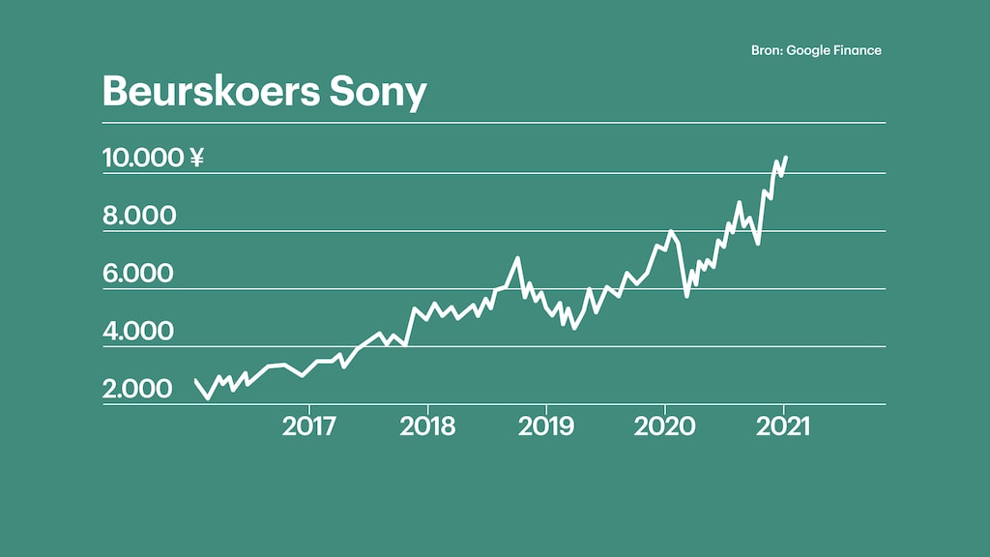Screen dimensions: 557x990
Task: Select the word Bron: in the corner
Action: (x=767, y=50)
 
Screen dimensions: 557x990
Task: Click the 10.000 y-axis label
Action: (x=142, y=157)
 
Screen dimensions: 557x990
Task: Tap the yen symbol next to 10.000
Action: (x=196, y=157)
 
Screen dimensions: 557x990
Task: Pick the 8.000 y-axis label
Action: (x=139, y=215)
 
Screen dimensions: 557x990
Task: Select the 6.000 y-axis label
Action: (x=139, y=273)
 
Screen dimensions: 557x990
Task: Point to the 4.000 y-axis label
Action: (x=139, y=331)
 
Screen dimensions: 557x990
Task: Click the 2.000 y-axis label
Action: (x=137, y=389)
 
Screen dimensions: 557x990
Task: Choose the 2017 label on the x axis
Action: (x=310, y=425)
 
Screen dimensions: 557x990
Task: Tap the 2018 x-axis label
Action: (x=428, y=425)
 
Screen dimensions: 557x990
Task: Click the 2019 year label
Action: (x=546, y=425)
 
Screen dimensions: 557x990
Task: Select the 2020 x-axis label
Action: (x=664, y=425)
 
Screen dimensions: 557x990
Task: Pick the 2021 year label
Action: (x=780, y=425)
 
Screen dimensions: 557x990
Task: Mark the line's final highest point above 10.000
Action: (x=786, y=157)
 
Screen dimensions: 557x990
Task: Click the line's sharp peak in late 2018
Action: (x=518, y=258)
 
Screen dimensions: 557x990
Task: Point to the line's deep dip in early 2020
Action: (x=686, y=295)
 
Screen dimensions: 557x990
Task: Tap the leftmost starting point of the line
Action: (x=196, y=380)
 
